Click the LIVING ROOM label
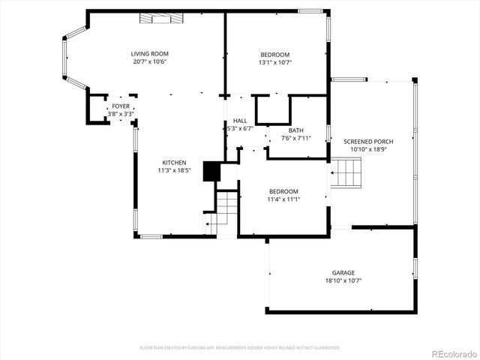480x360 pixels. (149, 53)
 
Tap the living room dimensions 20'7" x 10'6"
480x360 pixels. (149, 61)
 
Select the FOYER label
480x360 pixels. (121, 106)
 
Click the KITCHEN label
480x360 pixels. (174, 162)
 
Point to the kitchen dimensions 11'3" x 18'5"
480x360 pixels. (174, 170)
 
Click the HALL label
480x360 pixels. (240, 120)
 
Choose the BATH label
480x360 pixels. (295, 130)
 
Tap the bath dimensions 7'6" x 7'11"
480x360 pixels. (295, 138)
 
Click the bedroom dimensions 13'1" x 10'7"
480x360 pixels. (274, 62)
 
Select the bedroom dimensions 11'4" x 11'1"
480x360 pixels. (283, 199)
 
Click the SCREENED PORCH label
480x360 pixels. (368, 141)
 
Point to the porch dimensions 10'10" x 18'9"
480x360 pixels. (368, 149)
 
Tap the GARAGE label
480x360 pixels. (343, 272)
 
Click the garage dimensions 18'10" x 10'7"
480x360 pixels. (343, 280)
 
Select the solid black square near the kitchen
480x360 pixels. (212, 172)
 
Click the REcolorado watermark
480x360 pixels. (450, 352)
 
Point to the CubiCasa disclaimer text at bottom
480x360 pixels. (240, 347)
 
